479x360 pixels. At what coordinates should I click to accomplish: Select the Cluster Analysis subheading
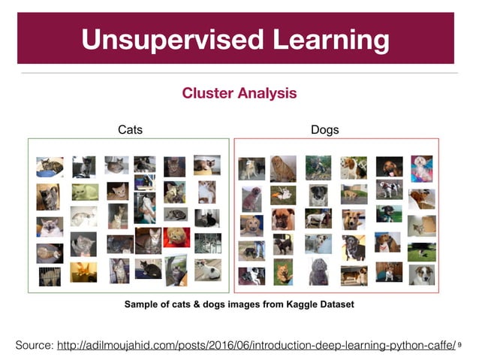point(239,94)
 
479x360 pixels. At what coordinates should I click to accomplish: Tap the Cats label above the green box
point(130,130)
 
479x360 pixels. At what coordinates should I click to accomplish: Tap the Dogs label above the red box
point(324,130)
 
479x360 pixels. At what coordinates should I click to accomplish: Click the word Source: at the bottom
point(35,345)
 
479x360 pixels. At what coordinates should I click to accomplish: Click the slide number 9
point(459,346)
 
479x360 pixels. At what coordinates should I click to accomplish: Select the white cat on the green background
point(85,192)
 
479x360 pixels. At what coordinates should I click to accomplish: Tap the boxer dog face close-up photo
point(283,219)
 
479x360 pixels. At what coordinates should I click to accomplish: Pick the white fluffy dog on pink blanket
point(421,168)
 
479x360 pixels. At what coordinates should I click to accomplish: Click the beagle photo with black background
point(389,165)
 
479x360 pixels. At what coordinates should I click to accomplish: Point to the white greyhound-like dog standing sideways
point(318,218)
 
